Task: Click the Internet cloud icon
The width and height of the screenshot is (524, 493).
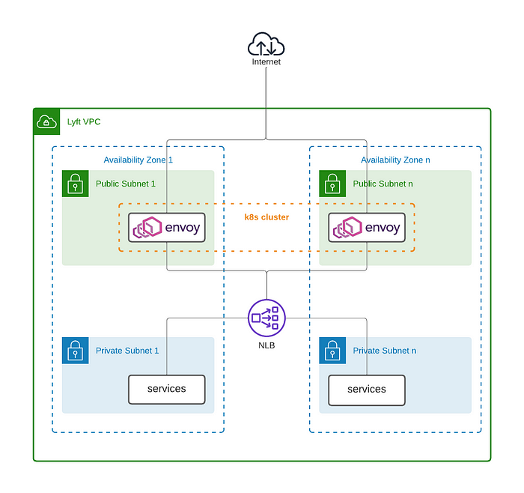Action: [266, 45]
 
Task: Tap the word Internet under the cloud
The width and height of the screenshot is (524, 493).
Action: [266, 62]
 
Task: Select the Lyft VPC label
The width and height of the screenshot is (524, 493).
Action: [83, 121]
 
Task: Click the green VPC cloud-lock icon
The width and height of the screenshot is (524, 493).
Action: [46, 121]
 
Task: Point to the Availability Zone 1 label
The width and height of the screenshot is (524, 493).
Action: [138, 160]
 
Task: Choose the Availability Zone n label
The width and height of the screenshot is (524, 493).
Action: [395, 160]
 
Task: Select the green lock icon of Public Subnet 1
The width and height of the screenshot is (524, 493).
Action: [75, 184]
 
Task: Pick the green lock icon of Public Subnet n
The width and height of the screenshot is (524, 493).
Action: [332, 184]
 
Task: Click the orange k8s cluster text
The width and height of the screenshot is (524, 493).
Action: [266, 217]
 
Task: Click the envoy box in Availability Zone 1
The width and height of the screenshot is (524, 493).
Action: [166, 228]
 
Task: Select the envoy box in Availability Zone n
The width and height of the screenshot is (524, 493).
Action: [366, 228]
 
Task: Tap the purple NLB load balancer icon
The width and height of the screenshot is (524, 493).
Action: [266, 318]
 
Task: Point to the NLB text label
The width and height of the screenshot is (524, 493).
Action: [266, 345]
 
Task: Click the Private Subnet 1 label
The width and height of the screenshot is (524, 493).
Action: [127, 351]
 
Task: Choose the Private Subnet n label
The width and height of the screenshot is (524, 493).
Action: [385, 351]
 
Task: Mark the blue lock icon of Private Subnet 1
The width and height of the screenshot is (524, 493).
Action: [75, 351]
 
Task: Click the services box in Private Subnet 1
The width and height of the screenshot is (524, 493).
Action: [166, 390]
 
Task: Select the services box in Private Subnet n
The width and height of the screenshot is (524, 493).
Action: [367, 390]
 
